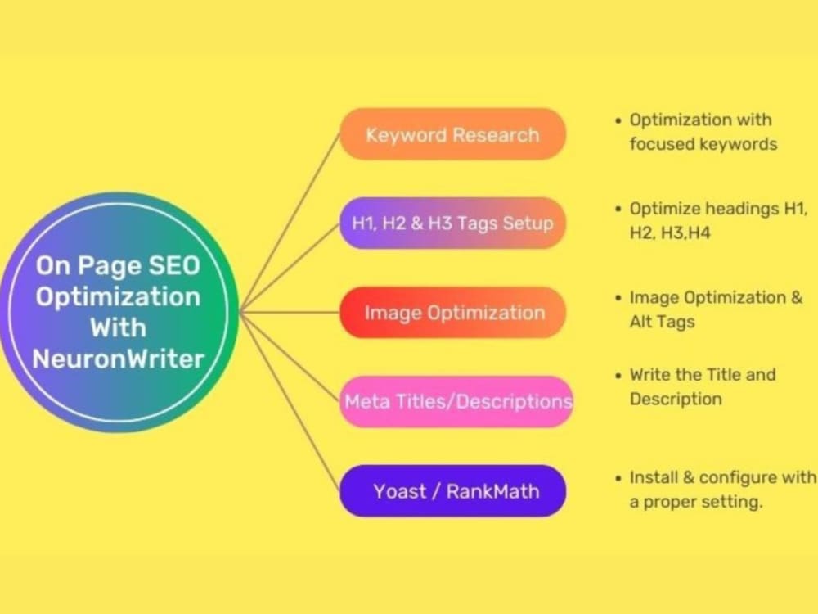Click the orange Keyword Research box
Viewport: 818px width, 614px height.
tap(452, 133)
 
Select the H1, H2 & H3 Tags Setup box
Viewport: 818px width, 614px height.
tap(452, 223)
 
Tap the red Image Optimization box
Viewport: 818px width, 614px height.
tap(452, 312)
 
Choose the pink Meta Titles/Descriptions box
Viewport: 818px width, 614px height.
tap(456, 401)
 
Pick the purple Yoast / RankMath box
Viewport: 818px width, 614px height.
tap(452, 490)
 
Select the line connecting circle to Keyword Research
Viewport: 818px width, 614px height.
tap(290, 221)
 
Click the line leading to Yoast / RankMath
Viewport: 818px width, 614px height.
tap(290, 401)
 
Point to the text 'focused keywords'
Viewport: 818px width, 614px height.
tap(703, 144)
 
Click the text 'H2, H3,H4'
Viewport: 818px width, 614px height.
tap(670, 233)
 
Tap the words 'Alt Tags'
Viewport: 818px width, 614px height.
tap(662, 322)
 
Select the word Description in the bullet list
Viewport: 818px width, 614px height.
tap(676, 400)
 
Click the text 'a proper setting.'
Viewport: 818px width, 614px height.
tap(695, 502)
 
